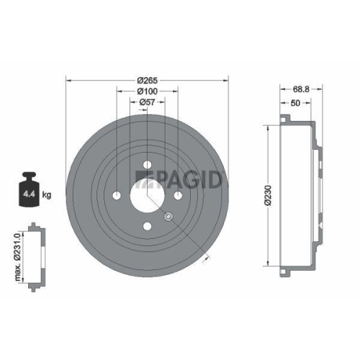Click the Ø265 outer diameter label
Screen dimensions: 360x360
pyautogui.click(x=148, y=80)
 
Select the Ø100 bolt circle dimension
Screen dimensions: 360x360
pyautogui.click(x=148, y=91)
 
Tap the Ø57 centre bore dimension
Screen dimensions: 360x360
pyautogui.click(x=148, y=103)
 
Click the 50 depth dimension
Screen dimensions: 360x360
pyautogui.click(x=296, y=104)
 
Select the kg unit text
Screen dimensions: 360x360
pyautogui.click(x=47, y=194)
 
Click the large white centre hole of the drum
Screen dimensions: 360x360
pyautogui.click(x=146, y=194)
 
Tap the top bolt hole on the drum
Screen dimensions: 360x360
pyautogui.click(x=147, y=163)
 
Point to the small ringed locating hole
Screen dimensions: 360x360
pyautogui.click(x=168, y=216)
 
